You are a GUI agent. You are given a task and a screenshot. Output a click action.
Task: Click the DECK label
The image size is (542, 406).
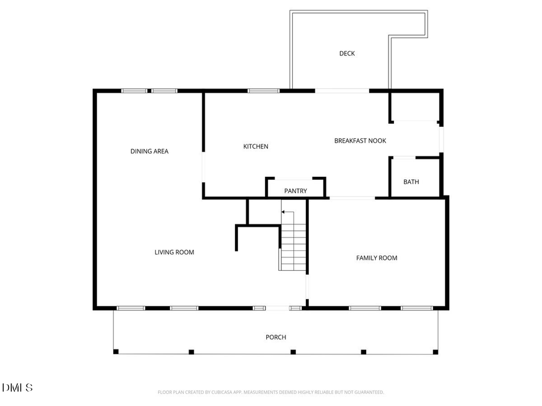(347, 54)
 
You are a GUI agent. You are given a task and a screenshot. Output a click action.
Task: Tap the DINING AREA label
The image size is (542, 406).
(149, 152)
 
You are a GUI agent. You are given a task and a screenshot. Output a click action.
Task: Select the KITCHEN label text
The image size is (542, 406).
(256, 147)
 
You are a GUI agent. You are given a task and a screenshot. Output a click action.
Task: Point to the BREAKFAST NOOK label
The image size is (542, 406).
(360, 141)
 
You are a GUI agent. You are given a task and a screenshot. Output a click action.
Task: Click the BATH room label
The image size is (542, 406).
(411, 182)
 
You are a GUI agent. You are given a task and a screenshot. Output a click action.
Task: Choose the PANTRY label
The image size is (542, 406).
(296, 191)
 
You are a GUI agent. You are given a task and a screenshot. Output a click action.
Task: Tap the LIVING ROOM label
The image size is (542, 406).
(175, 253)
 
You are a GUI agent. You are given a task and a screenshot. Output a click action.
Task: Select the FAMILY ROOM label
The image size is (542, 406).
(377, 258)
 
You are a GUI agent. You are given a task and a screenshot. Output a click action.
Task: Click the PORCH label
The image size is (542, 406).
(276, 337)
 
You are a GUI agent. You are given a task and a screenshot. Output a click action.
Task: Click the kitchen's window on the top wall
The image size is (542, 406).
(263, 91)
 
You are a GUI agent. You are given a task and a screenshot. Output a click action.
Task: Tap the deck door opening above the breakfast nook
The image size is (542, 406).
(342, 91)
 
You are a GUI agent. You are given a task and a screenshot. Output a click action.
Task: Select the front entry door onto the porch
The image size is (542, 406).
(278, 308)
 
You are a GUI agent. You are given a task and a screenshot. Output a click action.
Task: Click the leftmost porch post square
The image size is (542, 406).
(116, 352)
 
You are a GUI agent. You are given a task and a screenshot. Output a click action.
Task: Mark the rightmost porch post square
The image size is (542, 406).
(435, 352)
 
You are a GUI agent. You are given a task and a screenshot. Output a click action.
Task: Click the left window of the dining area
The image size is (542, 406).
(134, 91)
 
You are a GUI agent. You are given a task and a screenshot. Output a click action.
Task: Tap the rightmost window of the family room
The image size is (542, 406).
(417, 308)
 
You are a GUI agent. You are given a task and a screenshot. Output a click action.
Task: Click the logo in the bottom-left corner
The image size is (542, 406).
(17, 388)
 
